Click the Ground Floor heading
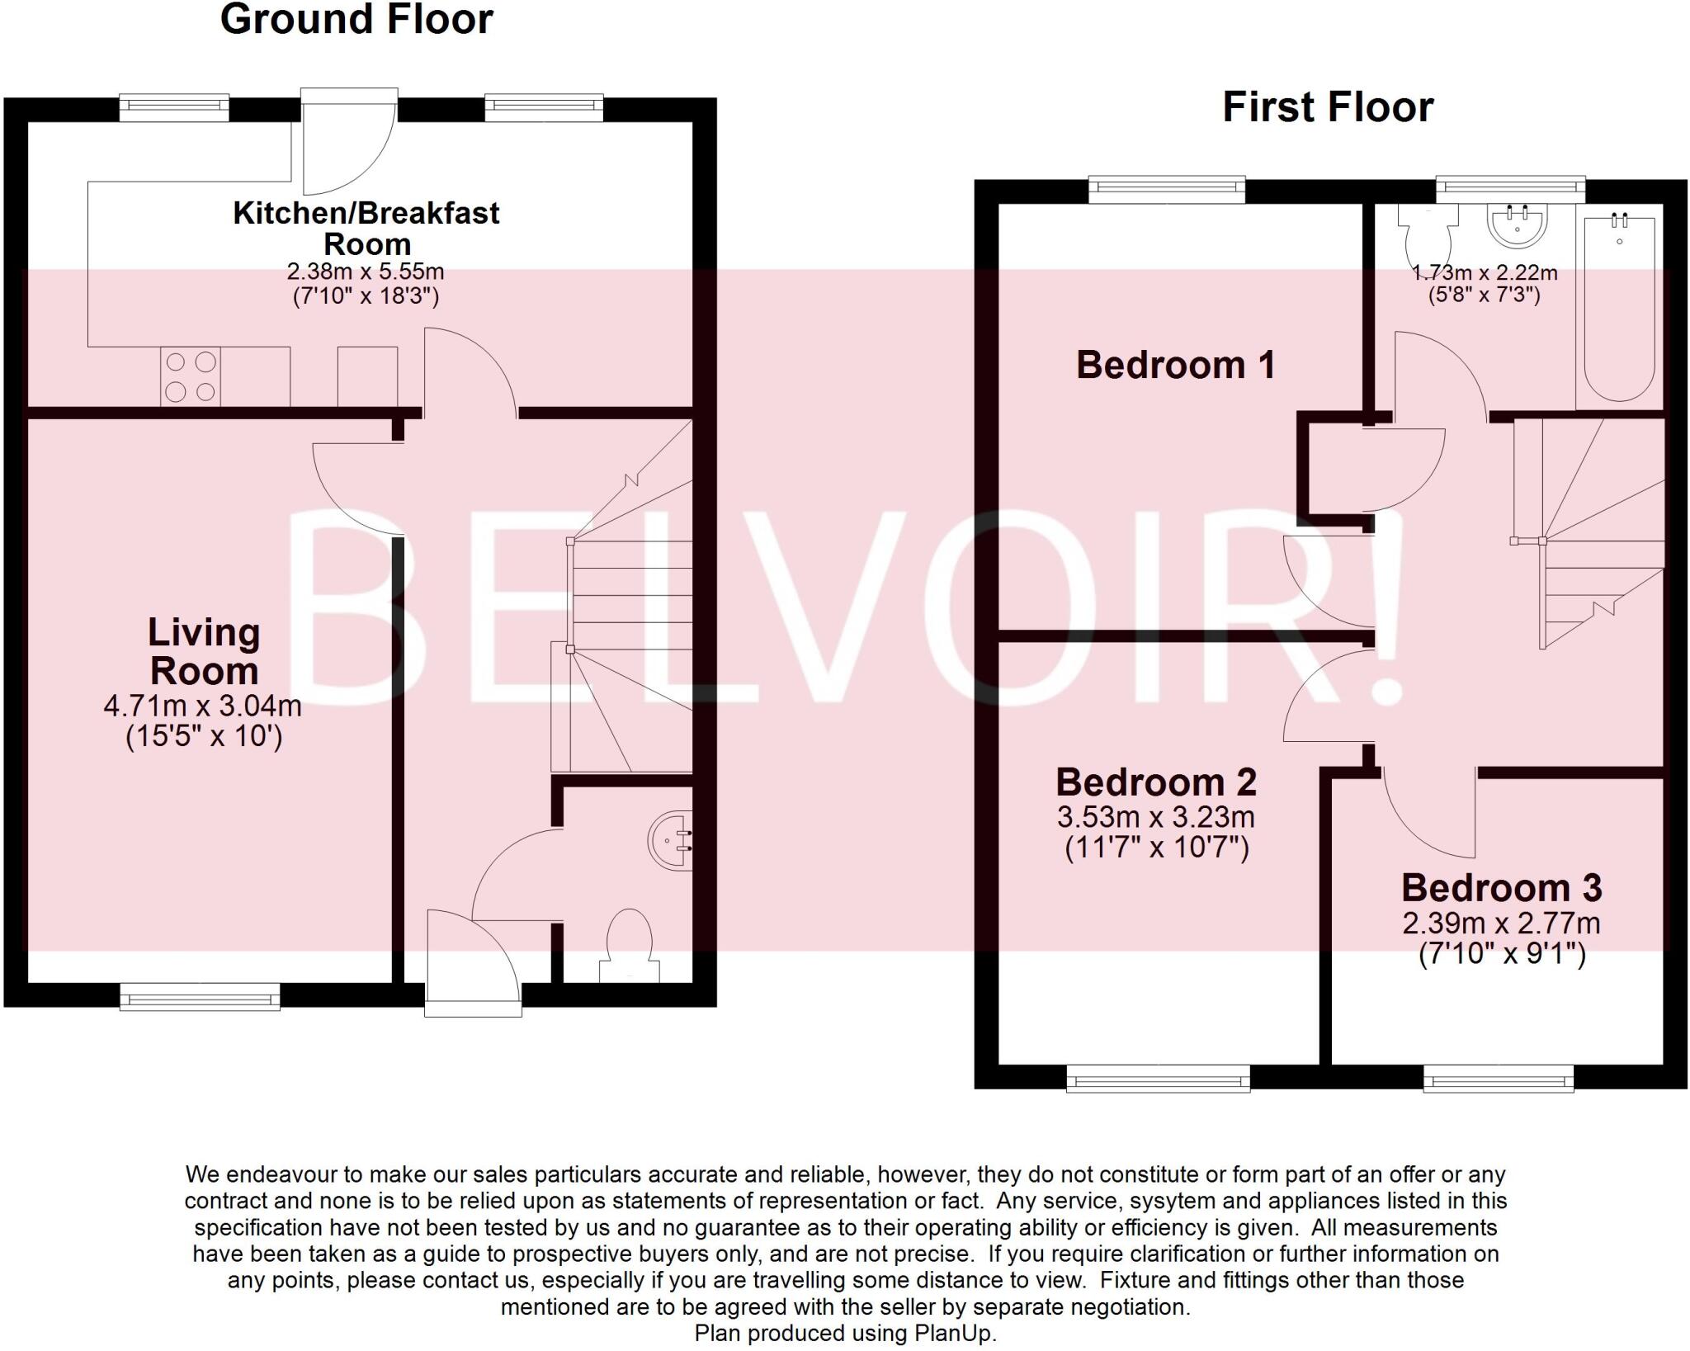tap(356, 20)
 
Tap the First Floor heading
tap(1328, 108)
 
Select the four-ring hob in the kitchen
tap(191, 376)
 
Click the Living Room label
tap(204, 652)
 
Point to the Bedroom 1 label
tap(1175, 365)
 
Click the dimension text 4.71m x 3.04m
tap(202, 706)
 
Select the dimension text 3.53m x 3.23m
tap(1155, 817)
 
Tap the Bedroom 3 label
tap(1501, 888)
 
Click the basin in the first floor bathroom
tap(1517, 224)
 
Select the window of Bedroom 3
tap(1498, 1078)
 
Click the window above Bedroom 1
tap(1166, 190)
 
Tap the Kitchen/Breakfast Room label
tap(366, 228)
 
